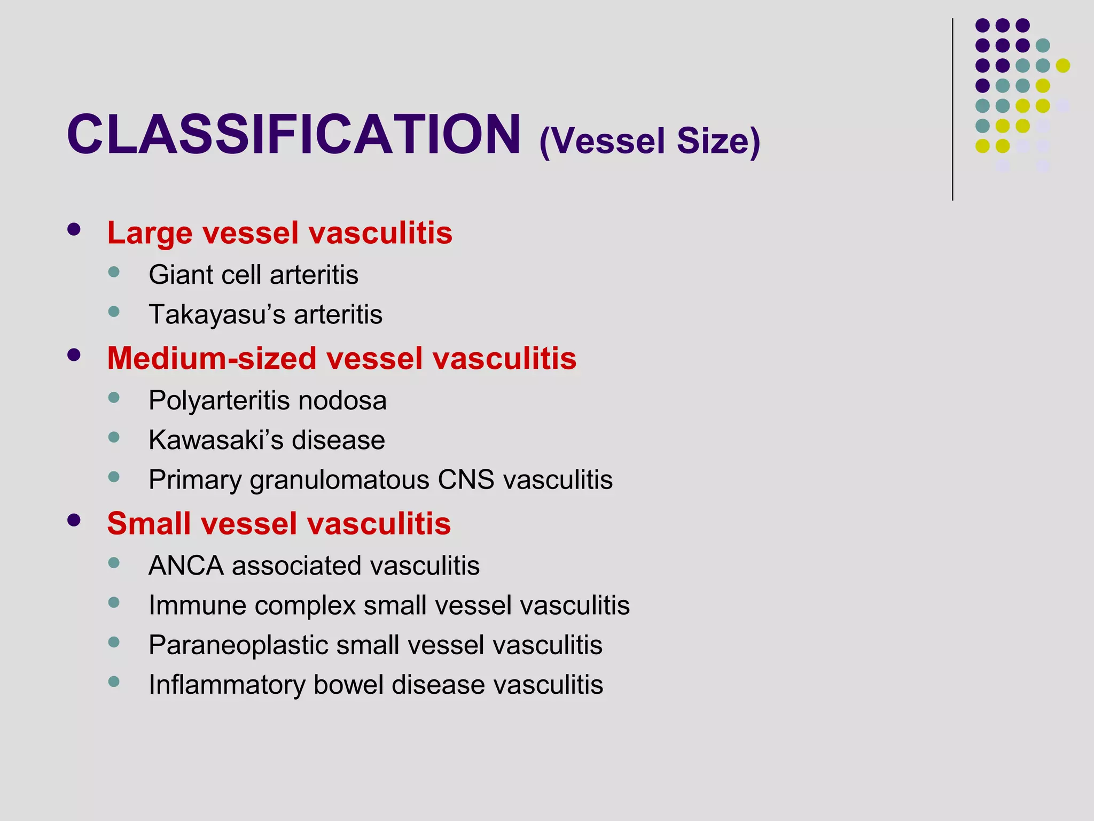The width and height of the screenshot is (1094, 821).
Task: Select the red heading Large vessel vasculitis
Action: tap(279, 233)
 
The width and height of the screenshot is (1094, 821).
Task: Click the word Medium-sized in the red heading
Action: tap(212, 358)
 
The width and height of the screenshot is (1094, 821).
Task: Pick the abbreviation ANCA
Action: tap(186, 566)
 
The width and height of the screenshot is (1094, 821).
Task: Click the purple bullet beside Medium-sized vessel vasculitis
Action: tap(74, 355)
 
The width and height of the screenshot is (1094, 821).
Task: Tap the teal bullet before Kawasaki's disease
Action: tap(114, 437)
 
